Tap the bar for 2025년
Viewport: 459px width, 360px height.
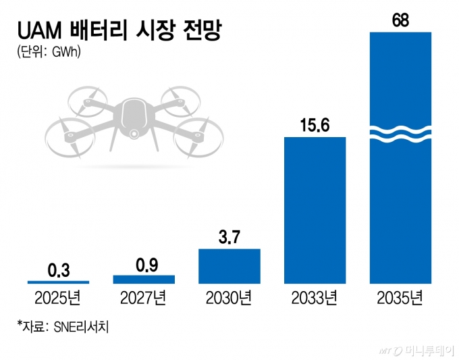[x=58, y=281]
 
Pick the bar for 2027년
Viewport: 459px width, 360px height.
[x=144, y=278]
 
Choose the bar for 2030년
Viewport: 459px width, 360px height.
[x=230, y=265]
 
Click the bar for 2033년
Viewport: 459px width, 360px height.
[x=315, y=209]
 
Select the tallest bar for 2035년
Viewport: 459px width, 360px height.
[x=400, y=203]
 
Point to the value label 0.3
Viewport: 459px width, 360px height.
[x=58, y=269]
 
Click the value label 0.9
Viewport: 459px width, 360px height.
[x=144, y=264]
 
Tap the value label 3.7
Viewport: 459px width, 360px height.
[x=230, y=238]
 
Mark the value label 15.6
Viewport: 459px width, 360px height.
[x=315, y=126]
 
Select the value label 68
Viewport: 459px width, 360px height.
[x=400, y=20]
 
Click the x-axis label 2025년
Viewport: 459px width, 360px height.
[x=58, y=297]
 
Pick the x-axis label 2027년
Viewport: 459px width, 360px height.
[x=144, y=297]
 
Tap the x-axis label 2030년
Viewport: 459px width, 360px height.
[x=230, y=297]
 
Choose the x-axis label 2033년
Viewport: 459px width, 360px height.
[x=315, y=297]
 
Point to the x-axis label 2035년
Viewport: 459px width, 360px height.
[x=400, y=297]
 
